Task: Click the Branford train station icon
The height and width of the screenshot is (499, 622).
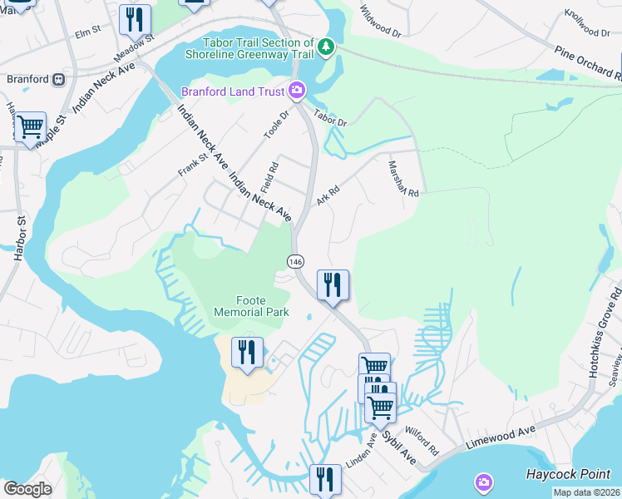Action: pyautogui.click(x=58, y=80)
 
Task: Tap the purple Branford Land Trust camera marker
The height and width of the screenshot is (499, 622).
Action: pyautogui.click(x=297, y=91)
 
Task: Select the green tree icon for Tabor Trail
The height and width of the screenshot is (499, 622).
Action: pyautogui.click(x=327, y=47)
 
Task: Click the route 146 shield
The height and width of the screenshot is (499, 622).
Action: pyautogui.click(x=295, y=261)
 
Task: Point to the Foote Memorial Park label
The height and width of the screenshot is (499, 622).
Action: pyautogui.click(x=251, y=306)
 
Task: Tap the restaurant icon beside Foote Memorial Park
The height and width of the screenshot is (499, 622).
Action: pyautogui.click(x=247, y=353)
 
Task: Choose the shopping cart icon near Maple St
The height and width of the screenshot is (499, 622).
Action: pyautogui.click(x=30, y=128)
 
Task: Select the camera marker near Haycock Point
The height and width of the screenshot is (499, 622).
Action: pyautogui.click(x=484, y=482)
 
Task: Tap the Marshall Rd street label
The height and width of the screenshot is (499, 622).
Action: pyautogui.click(x=402, y=179)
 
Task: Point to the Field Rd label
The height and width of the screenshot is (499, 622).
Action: pyautogui.click(x=272, y=176)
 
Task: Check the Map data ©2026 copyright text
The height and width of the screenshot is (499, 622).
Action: pyautogui.click(x=586, y=492)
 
